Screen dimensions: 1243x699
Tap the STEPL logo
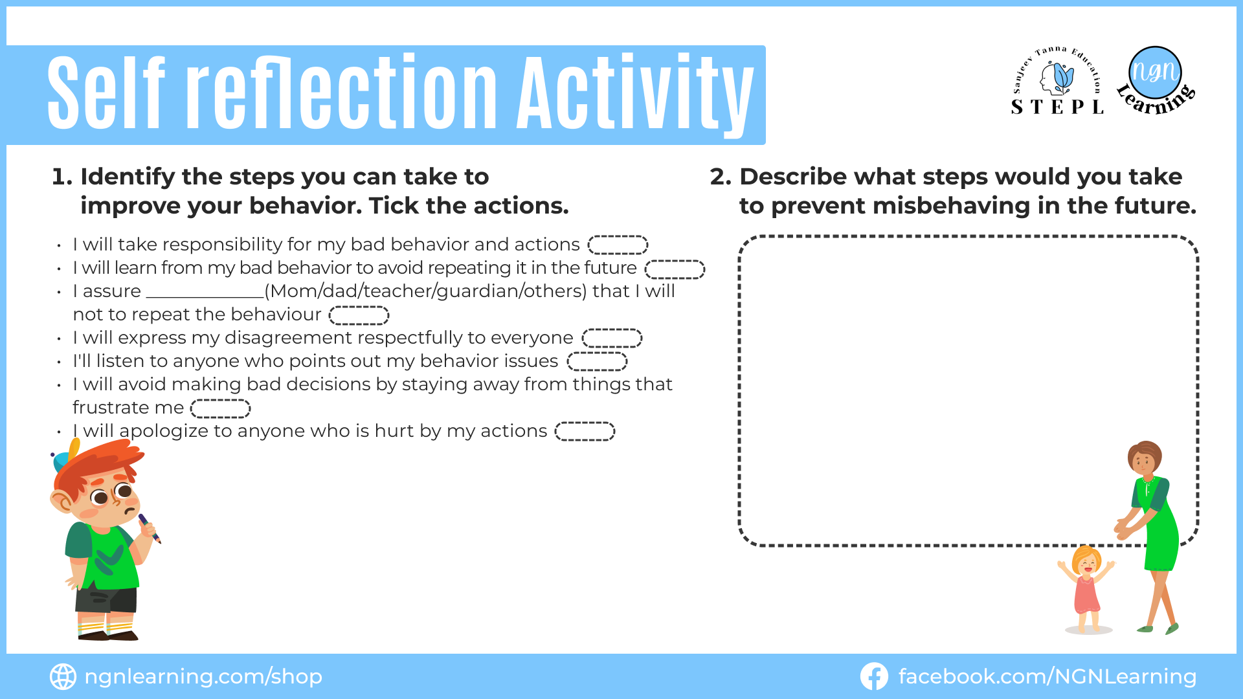(x=1058, y=81)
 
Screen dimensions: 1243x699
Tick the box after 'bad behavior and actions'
(x=618, y=245)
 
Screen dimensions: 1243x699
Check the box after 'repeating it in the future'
(x=675, y=269)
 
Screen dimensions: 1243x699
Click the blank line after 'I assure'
(x=205, y=297)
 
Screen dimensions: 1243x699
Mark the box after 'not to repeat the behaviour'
(x=359, y=315)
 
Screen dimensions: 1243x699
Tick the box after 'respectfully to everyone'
(x=612, y=338)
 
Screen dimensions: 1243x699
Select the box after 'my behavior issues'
(x=597, y=361)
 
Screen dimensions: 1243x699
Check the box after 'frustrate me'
(x=220, y=408)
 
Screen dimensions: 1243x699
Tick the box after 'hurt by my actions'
(x=585, y=431)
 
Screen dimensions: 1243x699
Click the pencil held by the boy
(x=149, y=527)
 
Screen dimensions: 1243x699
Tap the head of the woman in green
(x=1145, y=458)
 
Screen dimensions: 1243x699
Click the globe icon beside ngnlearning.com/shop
(x=63, y=676)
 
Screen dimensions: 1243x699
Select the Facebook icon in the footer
(x=873, y=676)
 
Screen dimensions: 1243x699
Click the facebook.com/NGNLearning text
(x=1047, y=676)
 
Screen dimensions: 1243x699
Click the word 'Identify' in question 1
(x=128, y=177)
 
